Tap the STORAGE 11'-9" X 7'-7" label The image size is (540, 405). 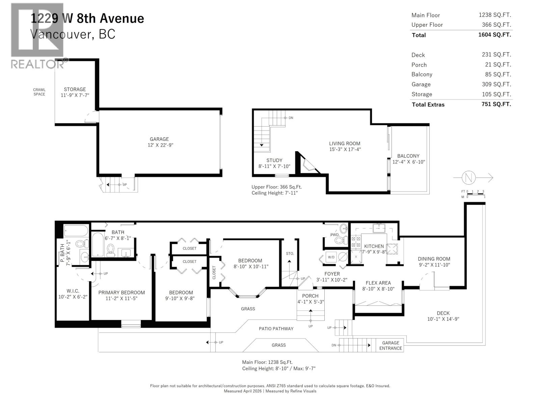(75, 92)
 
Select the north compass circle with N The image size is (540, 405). (469, 178)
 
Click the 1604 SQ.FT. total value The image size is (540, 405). (495, 35)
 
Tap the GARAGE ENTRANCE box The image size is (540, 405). (390, 345)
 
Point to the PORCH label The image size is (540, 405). (310, 296)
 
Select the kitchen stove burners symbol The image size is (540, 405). (355, 241)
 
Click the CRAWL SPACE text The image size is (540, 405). (39, 92)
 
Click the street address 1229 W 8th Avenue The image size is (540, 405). (87, 18)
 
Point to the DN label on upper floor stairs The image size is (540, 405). (291, 118)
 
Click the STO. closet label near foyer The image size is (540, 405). (290, 253)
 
